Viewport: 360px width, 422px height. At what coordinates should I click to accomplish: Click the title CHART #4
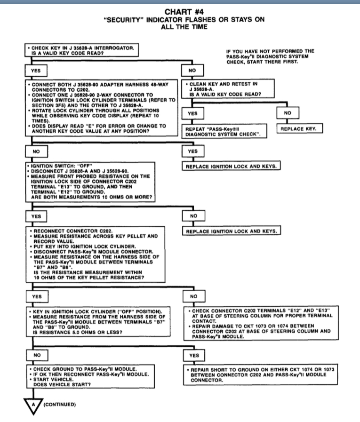coord(180,13)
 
